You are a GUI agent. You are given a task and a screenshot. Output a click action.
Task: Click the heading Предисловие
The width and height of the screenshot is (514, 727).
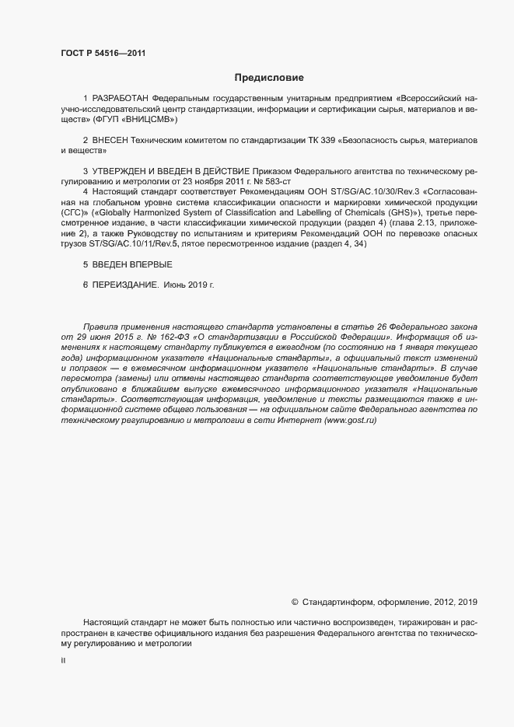click(x=269, y=78)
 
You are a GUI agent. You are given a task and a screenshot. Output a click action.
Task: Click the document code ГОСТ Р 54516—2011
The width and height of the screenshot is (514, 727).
click(x=103, y=54)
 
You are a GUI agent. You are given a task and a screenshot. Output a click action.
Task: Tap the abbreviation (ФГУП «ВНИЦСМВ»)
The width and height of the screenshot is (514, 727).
click(x=135, y=121)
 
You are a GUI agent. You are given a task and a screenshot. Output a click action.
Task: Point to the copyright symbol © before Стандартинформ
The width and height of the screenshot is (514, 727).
click(x=295, y=602)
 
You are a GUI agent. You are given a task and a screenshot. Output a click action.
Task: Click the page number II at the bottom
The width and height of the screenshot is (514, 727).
click(x=63, y=661)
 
